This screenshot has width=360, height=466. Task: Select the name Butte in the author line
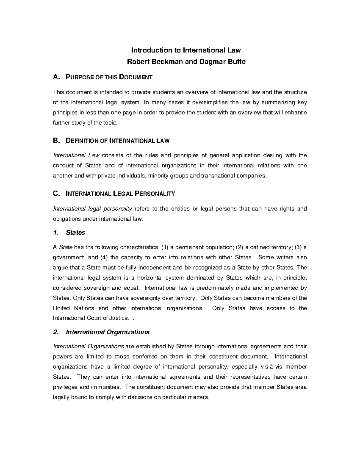[237, 62]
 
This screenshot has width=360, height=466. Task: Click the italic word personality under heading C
[118, 209]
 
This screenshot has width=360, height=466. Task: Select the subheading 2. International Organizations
[101, 332]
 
